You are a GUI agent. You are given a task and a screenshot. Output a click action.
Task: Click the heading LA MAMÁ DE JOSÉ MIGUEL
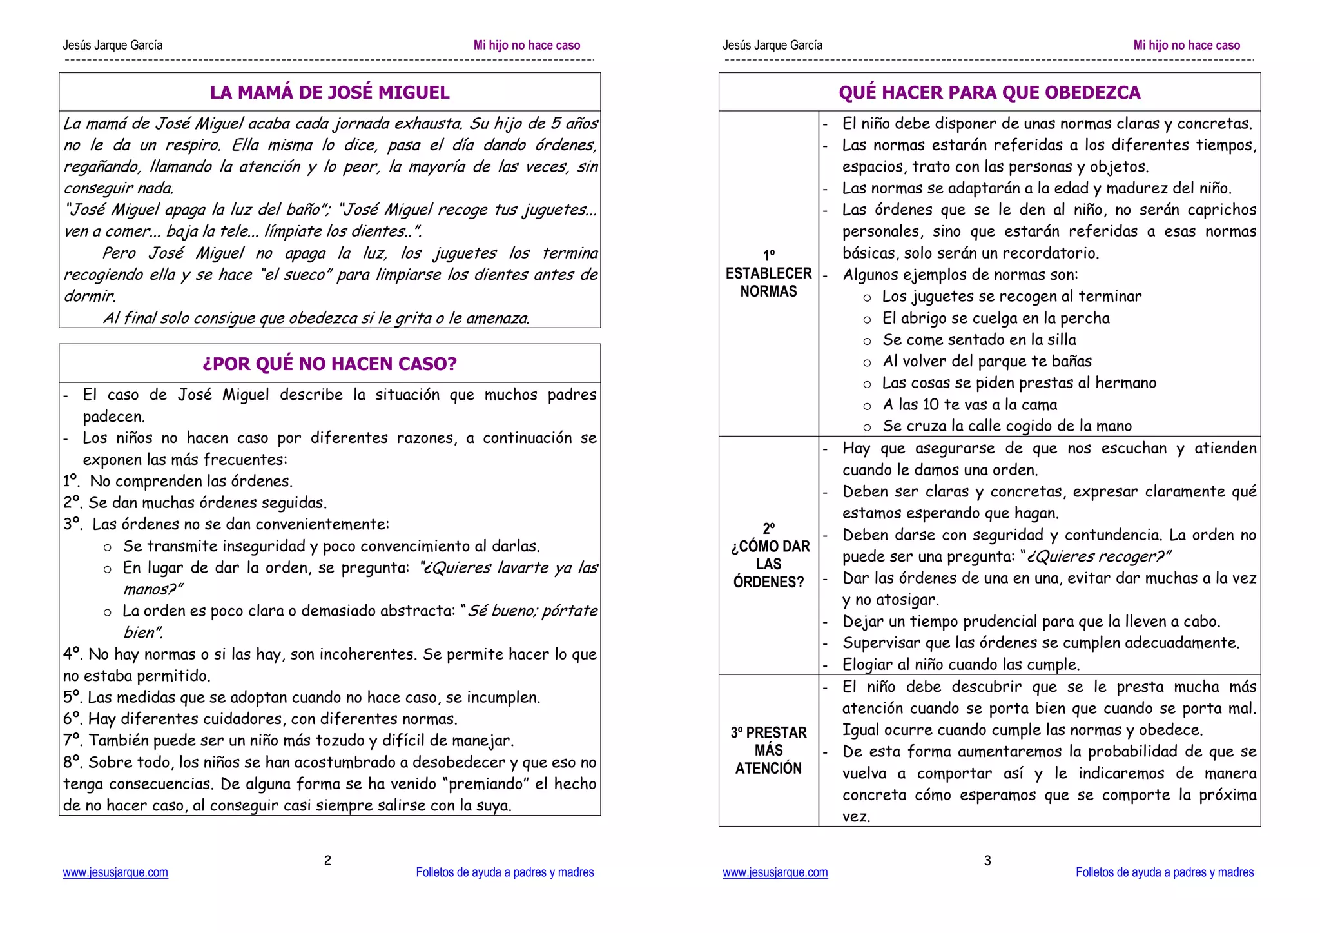coord(329,92)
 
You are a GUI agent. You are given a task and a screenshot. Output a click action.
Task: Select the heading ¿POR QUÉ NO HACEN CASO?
coord(329,364)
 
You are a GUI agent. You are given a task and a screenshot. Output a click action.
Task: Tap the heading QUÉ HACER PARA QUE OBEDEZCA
coord(989,92)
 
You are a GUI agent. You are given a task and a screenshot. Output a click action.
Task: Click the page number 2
coord(327,860)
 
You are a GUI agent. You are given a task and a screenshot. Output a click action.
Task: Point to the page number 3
coord(987,860)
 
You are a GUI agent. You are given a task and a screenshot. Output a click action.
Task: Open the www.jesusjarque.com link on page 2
coord(115,872)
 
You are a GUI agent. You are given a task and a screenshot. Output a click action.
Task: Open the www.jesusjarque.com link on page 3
coord(775,872)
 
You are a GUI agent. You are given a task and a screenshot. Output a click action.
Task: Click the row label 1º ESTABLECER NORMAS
coord(768,273)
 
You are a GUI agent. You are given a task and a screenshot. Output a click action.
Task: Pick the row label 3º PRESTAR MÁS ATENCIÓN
coord(768,750)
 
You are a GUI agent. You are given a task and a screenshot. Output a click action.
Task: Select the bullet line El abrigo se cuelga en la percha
coord(996,318)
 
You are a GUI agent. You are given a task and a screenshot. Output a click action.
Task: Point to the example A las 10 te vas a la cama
coord(969,404)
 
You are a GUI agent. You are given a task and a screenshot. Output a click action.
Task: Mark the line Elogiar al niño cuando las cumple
coord(960,664)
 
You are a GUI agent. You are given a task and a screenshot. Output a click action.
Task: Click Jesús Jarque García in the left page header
coord(113,45)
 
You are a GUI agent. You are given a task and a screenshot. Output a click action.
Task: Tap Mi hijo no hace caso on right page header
coord(1187,45)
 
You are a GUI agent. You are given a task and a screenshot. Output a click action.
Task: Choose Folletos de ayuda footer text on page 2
coord(505,872)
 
